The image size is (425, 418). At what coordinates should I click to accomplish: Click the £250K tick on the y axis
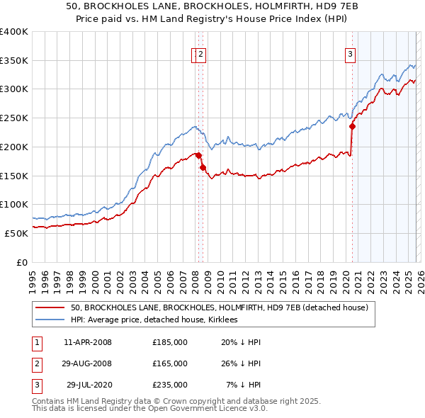pyautogui.click(x=14, y=118)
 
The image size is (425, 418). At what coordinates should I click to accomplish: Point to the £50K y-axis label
pyautogui.click(x=16, y=232)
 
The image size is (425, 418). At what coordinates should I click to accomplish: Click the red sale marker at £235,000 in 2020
pyautogui.click(x=352, y=127)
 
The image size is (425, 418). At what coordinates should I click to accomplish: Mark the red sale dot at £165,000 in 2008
pyautogui.click(x=203, y=167)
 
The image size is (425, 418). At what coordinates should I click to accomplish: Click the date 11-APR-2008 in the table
pyautogui.click(x=87, y=342)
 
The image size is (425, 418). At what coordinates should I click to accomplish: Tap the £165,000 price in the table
pyautogui.click(x=170, y=363)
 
